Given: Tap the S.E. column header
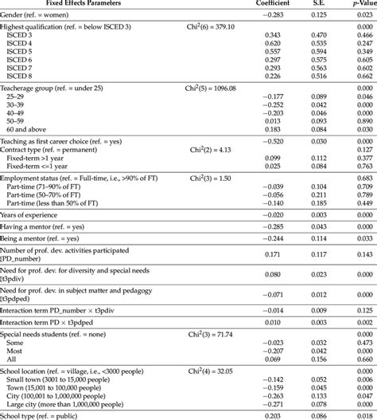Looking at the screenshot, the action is (x=317, y=4).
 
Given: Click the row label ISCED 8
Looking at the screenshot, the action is (x=23, y=76).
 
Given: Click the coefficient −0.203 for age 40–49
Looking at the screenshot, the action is (x=270, y=113).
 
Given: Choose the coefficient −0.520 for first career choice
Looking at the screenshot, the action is (x=270, y=141).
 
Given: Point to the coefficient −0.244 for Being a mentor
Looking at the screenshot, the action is (x=270, y=237).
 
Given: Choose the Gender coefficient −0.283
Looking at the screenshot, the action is (x=270, y=14).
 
